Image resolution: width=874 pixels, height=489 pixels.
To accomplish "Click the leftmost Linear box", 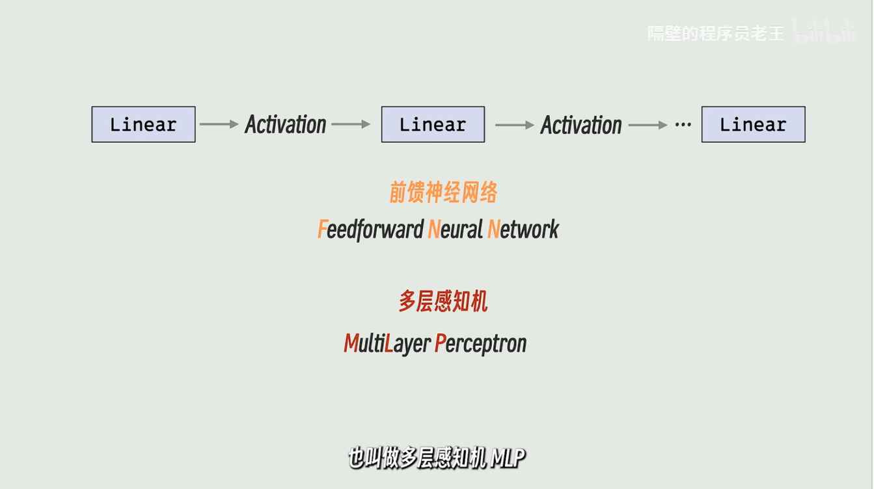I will point(143,124).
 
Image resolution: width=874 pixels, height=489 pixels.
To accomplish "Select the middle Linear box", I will point(433,124).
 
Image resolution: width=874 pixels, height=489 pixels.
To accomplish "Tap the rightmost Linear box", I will point(753,124).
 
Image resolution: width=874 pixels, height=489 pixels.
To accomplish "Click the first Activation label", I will point(286,124).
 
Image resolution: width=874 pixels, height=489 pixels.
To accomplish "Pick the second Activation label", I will point(581,125).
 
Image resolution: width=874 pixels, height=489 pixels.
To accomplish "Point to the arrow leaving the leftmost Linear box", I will point(219,124).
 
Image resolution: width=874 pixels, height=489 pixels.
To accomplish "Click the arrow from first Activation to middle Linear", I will point(351,124).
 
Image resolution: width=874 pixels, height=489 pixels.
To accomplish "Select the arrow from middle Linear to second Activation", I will point(515,124).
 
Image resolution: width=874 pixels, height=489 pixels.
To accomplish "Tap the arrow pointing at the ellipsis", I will point(648,125).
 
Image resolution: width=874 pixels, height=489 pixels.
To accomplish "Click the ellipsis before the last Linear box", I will point(683,124).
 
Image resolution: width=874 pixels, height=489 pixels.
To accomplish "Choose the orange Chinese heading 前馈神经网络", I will point(444,192).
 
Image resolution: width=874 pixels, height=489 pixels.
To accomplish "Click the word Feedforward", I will point(370,230).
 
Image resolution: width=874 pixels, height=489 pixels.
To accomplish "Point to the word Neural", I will point(455,230).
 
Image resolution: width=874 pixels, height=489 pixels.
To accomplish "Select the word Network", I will point(523,230).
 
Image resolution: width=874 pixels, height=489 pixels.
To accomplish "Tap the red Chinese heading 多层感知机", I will point(443,302).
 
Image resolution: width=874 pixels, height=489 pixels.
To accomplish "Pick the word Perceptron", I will point(480,343).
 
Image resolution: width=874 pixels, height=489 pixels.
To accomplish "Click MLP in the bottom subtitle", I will point(508,459).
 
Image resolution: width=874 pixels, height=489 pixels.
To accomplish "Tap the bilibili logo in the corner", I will point(825,32).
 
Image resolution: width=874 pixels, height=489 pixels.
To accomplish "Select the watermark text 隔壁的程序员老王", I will point(716,33).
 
